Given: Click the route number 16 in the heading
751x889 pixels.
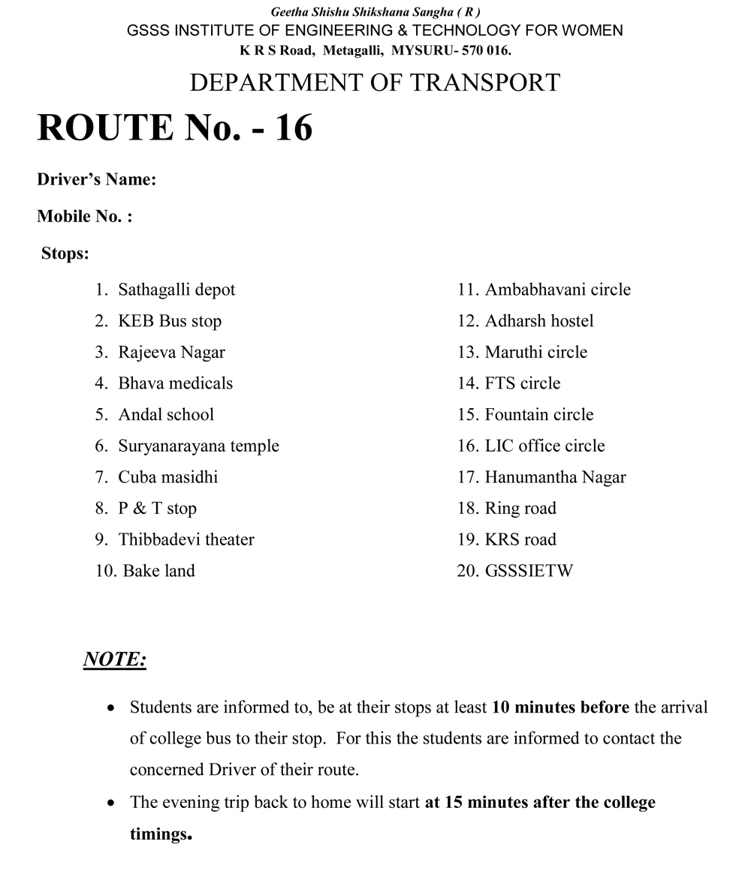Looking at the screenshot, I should pos(293,128).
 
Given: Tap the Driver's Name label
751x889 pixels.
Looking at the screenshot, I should pos(97,180).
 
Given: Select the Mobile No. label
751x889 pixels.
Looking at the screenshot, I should pos(85,217).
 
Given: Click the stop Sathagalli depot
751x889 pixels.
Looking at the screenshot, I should pos(176,290).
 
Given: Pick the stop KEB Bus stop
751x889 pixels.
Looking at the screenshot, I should pos(170,321).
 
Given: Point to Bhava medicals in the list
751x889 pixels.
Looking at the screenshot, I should pos(175,383).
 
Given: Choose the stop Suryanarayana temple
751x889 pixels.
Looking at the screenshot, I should pos(198,446).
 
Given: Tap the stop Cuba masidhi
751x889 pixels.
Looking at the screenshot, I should pos(167,477).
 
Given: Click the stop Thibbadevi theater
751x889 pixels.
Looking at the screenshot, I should pos(185,539).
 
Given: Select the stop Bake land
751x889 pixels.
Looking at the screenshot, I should pos(158,571).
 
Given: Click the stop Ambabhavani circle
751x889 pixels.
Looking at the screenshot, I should pos(557,290).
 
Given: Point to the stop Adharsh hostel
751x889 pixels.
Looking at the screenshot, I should pos(539,321).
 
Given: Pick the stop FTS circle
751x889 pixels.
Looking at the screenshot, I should pos(523,383).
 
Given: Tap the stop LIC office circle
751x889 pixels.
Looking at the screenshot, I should pos(544,446).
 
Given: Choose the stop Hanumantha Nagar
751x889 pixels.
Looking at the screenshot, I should pos(555,477).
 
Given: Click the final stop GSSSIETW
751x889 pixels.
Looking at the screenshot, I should pos(529,571).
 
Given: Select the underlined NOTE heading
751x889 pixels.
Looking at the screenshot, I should pos(114,659).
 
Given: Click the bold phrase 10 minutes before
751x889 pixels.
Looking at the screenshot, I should pos(560,707).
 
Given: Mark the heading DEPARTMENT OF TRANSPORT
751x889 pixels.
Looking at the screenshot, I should pos(375,83).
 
